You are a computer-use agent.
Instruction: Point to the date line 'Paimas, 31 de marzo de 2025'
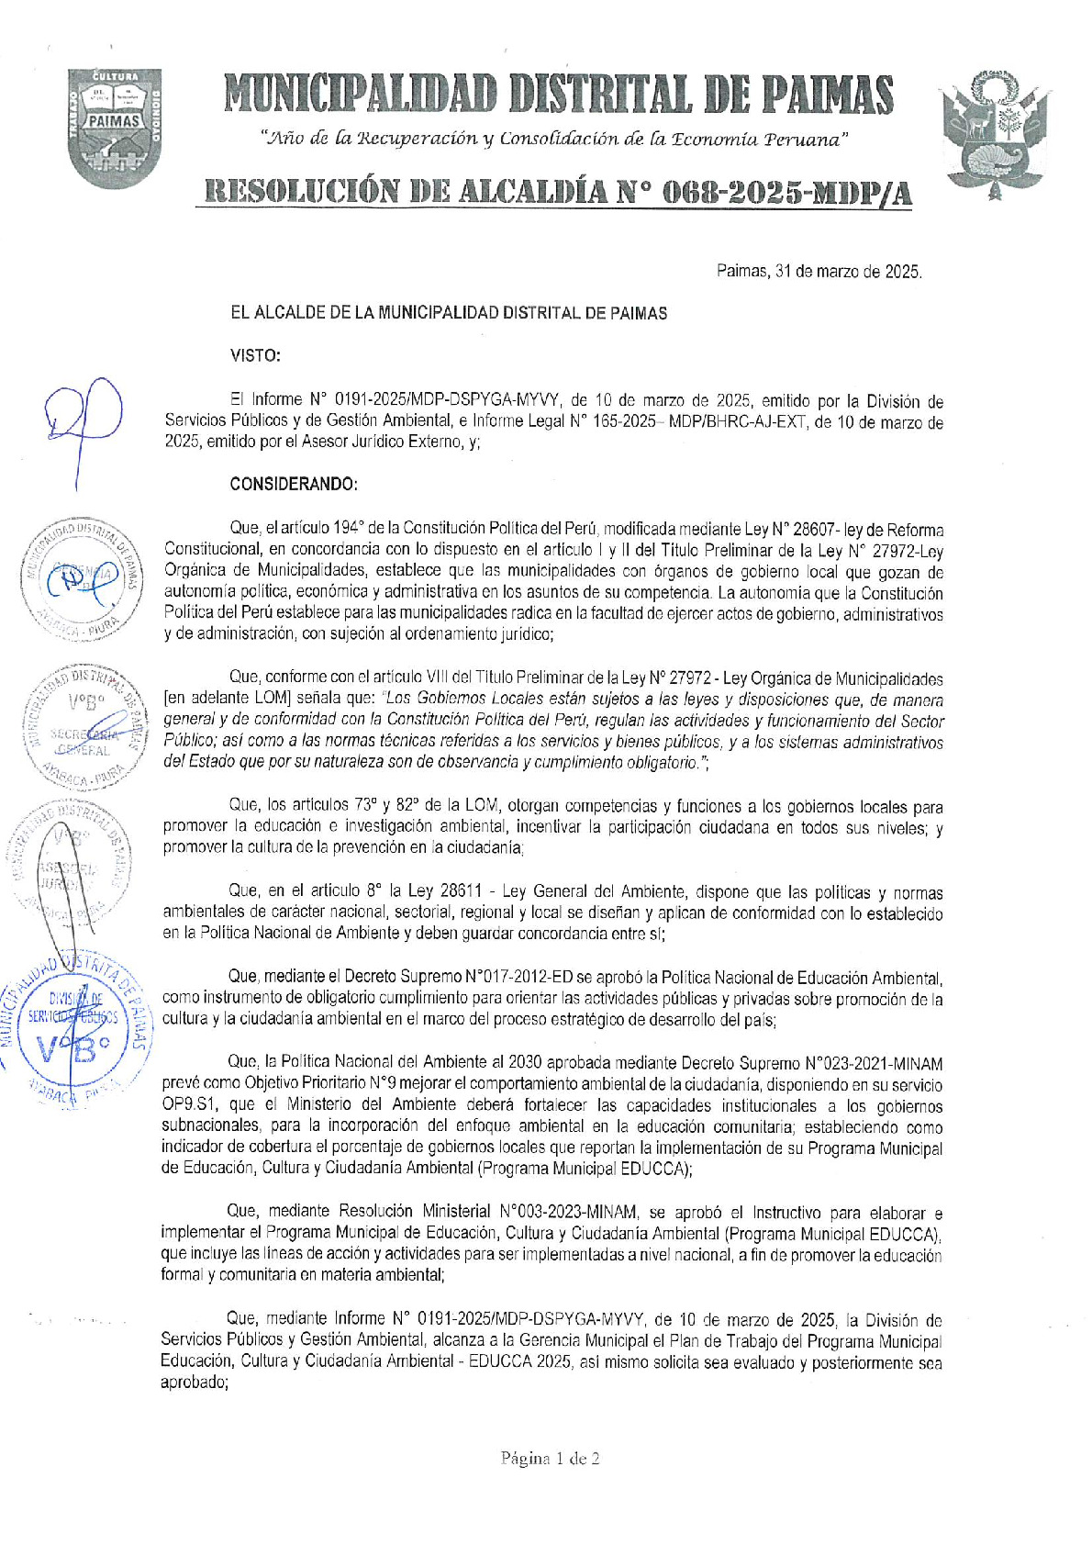819,272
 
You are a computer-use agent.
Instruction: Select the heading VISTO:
255,356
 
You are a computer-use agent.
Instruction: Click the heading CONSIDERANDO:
294,484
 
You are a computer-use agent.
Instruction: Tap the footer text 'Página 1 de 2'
550,1458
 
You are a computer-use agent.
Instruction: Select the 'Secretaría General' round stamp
81,727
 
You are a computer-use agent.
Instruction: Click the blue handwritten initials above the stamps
83,420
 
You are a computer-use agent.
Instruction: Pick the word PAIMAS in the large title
827,95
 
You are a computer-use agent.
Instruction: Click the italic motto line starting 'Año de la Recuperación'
554,140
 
